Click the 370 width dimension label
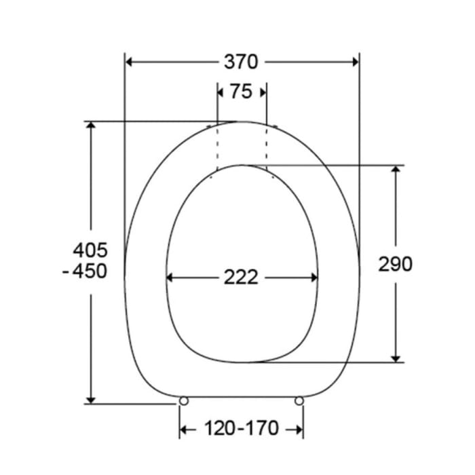[241, 62]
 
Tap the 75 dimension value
[241, 92]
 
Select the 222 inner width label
[241, 277]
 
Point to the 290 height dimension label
[395, 264]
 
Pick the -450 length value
[84, 271]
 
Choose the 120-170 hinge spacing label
[241, 429]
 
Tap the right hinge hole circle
[299, 402]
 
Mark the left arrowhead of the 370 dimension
[131, 62]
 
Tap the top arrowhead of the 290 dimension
[396, 171]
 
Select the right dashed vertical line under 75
[266, 146]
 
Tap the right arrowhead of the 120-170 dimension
[297, 429]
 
